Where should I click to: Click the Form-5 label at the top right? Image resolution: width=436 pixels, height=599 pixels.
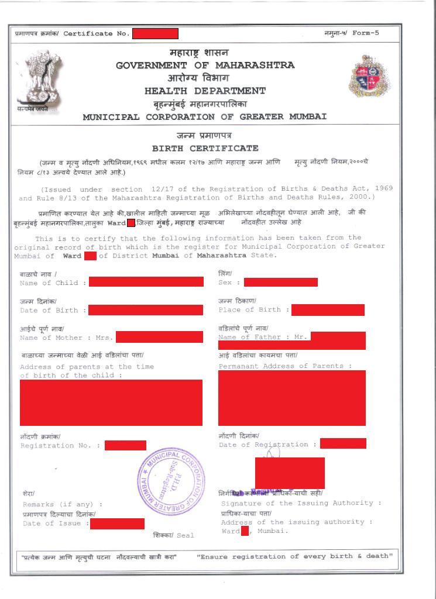point(366,33)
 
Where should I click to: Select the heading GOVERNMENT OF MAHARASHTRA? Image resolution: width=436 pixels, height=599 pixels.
point(205,66)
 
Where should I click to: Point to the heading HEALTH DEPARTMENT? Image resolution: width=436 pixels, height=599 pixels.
point(205,91)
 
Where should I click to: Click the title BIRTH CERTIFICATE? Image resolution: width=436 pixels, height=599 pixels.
point(205,149)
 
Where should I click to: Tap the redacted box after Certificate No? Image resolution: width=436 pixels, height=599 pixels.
point(155,33)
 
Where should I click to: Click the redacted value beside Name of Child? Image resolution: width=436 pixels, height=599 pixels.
point(146,282)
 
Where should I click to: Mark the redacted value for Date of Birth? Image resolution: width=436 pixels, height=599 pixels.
point(145,310)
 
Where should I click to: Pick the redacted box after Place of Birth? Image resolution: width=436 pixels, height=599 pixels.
point(328,310)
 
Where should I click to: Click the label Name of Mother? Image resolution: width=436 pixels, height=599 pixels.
point(55,338)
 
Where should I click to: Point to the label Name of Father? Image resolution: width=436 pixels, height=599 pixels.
point(254,337)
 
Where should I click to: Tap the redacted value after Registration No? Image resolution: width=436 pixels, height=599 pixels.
point(125,446)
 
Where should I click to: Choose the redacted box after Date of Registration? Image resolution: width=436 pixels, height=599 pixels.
point(343,443)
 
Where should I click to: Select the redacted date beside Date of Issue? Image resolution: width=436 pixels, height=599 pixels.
point(117,524)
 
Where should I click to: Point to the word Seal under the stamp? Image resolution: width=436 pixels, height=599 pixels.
point(185,535)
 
